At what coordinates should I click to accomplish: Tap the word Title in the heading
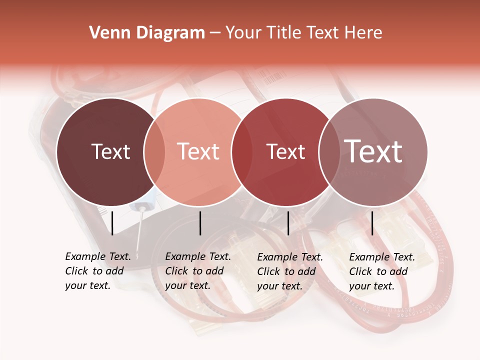(x=284, y=33)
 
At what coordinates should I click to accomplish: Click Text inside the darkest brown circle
(x=110, y=151)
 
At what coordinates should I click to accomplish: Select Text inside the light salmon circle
(x=198, y=151)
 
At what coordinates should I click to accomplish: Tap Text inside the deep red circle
(x=286, y=151)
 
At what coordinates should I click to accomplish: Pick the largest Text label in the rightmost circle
(x=373, y=151)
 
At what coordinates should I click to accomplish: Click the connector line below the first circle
(x=112, y=223)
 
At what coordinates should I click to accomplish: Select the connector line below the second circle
(x=200, y=223)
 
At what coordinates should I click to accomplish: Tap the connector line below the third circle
(x=288, y=223)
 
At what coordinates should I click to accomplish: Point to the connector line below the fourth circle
(x=372, y=223)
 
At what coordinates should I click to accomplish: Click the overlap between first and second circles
(x=154, y=151)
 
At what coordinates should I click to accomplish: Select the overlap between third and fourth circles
(x=330, y=151)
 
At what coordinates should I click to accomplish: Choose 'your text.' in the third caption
(x=279, y=286)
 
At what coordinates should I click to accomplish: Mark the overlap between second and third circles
(x=242, y=151)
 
